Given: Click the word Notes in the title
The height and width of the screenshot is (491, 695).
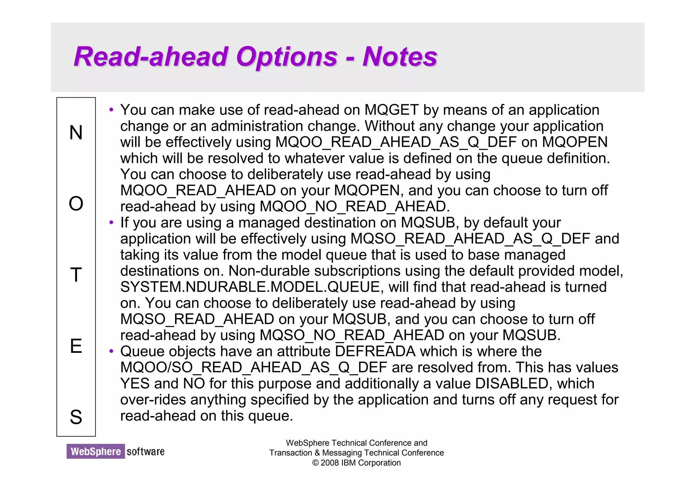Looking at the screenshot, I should pyautogui.click(x=400, y=57).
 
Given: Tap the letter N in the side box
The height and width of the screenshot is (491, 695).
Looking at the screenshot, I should pyautogui.click(x=76, y=132).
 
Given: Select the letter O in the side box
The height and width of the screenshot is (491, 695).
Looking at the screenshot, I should pyautogui.click(x=76, y=204).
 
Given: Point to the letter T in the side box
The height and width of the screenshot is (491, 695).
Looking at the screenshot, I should pyautogui.click(x=76, y=275).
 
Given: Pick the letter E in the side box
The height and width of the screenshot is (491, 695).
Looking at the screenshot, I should pyautogui.click(x=76, y=346).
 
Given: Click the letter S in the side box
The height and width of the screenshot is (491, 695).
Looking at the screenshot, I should pyautogui.click(x=76, y=417).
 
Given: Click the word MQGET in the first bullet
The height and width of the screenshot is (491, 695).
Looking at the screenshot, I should pyautogui.click(x=392, y=110).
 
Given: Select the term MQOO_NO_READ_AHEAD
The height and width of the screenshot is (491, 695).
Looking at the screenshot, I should pyautogui.click(x=355, y=207).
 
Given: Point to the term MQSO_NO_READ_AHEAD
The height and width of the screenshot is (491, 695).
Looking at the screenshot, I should pyautogui.click(x=352, y=335).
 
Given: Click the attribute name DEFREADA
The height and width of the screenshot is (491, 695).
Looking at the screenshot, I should pyautogui.click(x=375, y=352).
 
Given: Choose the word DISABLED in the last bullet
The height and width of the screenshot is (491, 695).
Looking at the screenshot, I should pyautogui.click(x=512, y=384).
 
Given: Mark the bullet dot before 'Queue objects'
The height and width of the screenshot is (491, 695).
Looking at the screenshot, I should pyautogui.click(x=111, y=352).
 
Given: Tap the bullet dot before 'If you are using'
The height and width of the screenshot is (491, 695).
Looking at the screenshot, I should pyautogui.click(x=111, y=223).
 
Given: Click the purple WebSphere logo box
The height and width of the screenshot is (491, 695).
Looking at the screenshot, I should pyautogui.click(x=96, y=451).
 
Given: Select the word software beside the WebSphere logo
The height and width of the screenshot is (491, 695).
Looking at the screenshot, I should pyautogui.click(x=146, y=452).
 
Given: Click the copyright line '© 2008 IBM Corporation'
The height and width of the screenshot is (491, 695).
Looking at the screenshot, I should pyautogui.click(x=356, y=463).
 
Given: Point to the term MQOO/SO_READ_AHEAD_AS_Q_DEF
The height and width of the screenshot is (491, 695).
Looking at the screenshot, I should pyautogui.click(x=253, y=367).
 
